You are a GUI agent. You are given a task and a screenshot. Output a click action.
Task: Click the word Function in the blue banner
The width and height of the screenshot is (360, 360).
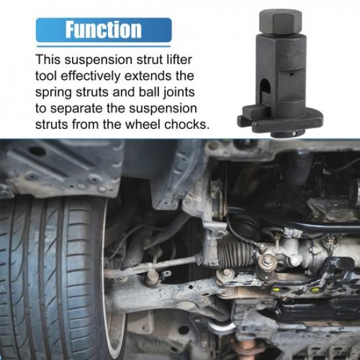pos(103,29)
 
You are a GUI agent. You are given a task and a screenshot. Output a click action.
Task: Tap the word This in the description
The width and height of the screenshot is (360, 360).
pos(50,59)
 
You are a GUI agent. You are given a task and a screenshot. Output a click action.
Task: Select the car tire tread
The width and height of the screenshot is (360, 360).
pos(46,275)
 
